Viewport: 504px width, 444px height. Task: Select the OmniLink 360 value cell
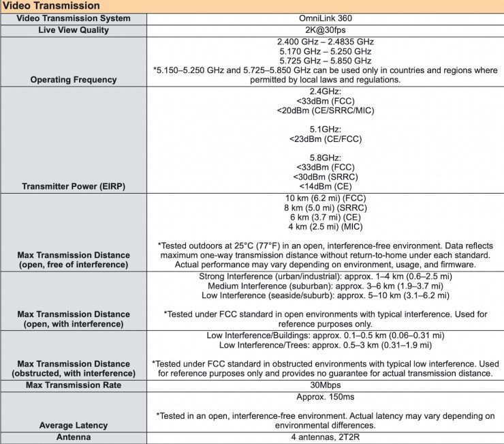(324, 18)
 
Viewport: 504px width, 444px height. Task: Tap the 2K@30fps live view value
(324, 31)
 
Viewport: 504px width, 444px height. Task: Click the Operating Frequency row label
(74, 80)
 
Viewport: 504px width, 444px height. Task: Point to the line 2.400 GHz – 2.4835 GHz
(324, 42)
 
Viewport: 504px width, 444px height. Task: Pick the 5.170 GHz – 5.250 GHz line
(324, 51)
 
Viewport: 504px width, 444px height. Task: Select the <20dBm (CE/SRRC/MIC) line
(324, 110)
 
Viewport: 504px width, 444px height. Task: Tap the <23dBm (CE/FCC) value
(324, 139)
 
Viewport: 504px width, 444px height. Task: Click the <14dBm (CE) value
(324, 186)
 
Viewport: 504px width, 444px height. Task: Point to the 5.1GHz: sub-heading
(324, 130)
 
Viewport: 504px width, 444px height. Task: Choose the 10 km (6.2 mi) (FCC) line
(324, 198)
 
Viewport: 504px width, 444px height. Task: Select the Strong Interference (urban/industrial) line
(324, 276)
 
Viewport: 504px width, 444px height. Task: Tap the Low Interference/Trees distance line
(324, 345)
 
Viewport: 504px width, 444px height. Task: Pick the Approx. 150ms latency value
(324, 397)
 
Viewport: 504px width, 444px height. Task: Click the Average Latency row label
(74, 426)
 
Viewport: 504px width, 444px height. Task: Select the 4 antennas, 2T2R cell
(324, 437)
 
